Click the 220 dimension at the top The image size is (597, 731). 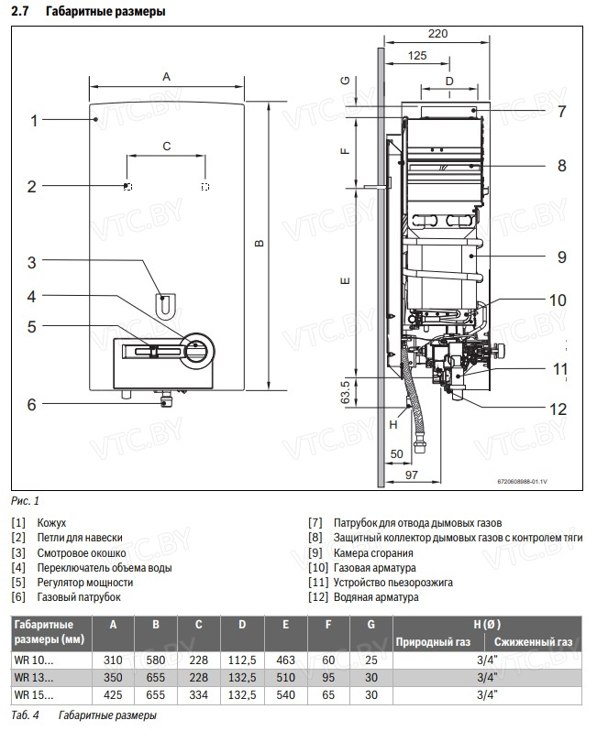(437, 34)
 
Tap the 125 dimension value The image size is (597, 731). (417, 56)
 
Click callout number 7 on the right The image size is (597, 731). (561, 112)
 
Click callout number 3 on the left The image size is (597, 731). (31, 262)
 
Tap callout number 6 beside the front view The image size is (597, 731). (31, 404)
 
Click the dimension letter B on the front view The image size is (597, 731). (260, 243)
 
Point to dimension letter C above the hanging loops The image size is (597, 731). (166, 146)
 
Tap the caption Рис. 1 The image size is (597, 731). (26, 501)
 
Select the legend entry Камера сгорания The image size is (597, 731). (372, 553)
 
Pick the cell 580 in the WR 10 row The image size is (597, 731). (155, 660)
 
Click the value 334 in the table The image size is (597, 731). (198, 695)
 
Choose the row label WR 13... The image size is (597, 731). (34, 678)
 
